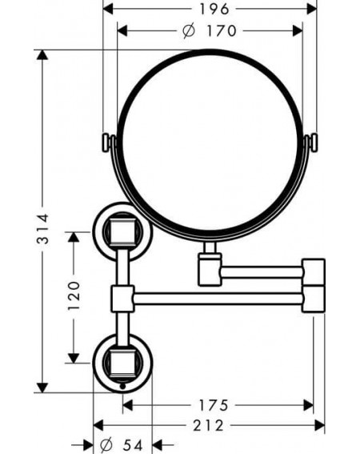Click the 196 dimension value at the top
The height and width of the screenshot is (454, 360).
point(214,9)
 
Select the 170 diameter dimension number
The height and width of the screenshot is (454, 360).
point(222,30)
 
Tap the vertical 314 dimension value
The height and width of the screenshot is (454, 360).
point(43,229)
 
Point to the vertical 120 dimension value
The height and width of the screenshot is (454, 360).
point(74,295)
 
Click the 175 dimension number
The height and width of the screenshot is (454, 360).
point(214,405)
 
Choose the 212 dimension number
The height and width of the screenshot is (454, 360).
point(208,426)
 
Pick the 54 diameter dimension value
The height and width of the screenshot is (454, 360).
point(133,445)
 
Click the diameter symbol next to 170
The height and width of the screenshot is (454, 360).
point(189,31)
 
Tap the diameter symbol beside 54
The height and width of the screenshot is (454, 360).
point(106,445)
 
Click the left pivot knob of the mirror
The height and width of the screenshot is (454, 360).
point(106,143)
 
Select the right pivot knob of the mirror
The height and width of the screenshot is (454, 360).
point(313,143)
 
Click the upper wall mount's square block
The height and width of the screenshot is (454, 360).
point(120,232)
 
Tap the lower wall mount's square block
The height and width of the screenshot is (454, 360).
point(120,364)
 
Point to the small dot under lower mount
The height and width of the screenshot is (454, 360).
point(122,386)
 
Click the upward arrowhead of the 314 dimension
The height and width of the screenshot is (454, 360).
point(42,55)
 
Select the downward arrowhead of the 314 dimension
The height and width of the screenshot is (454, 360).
point(42,388)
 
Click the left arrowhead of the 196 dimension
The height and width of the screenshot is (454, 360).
point(108,9)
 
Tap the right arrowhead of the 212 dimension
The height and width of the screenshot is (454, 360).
point(319,426)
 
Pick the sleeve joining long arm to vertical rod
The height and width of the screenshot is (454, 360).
point(122,299)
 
